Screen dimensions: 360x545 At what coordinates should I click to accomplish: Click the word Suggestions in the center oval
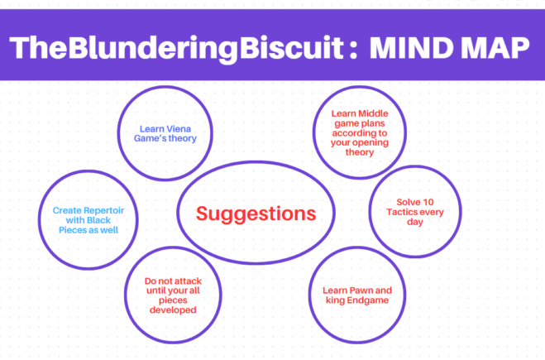click(x=256, y=214)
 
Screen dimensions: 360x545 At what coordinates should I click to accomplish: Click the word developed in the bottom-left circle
click(x=173, y=310)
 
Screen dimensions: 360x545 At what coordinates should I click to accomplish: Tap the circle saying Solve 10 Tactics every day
click(x=414, y=214)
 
